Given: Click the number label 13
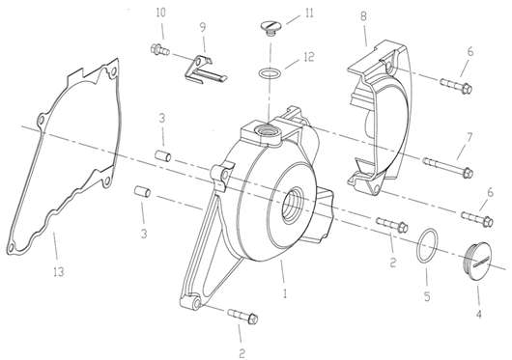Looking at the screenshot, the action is point(59,271).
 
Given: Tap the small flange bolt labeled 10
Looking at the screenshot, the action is point(159,50).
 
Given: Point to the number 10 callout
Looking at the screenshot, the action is point(160,13).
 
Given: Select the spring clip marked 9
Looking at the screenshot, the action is point(204,69).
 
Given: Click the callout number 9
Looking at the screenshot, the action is point(203,27).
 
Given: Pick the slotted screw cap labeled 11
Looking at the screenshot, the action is point(270,28).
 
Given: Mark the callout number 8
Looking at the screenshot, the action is point(363,16).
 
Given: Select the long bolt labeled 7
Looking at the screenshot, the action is point(447,166).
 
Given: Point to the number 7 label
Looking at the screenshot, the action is point(469,138).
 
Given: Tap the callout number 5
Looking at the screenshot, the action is point(427,296).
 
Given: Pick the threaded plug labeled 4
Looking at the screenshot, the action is point(478,261).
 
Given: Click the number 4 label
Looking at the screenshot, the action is point(479,314).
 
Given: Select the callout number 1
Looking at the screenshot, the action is point(285,293).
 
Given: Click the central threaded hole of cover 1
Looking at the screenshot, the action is point(293,206).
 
